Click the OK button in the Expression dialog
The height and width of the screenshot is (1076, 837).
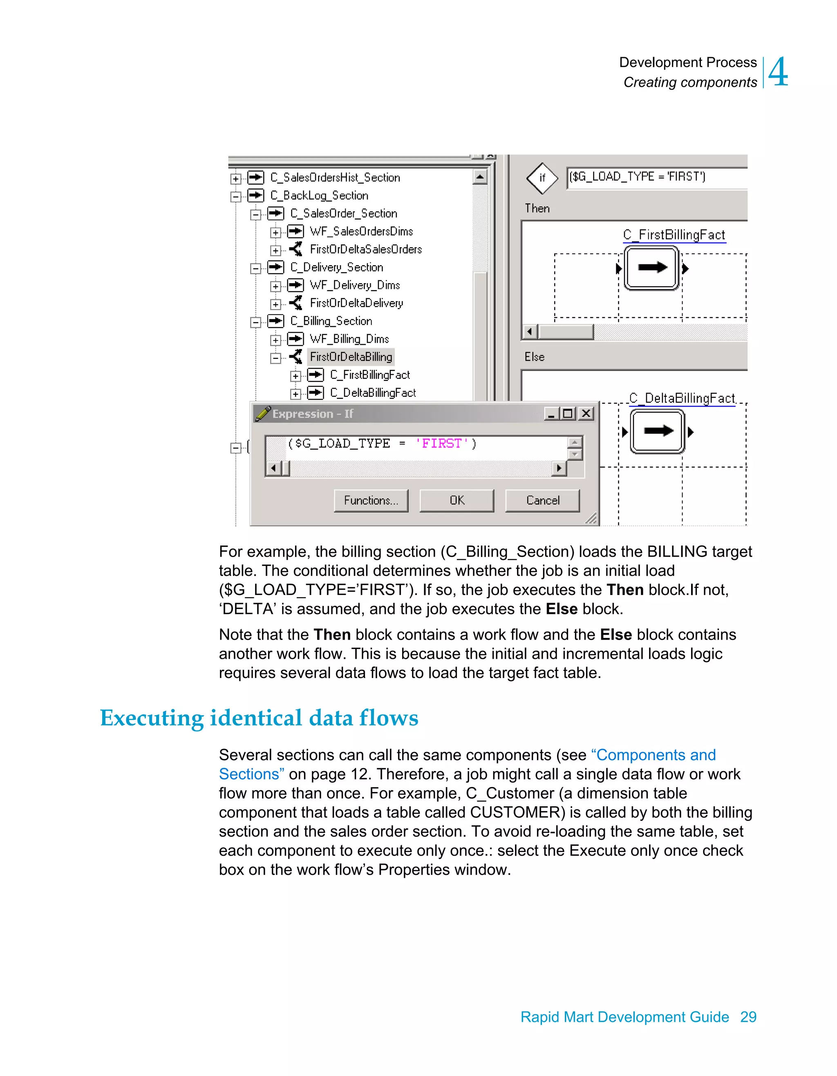tap(456, 500)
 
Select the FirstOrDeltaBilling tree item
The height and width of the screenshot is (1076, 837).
tap(351, 357)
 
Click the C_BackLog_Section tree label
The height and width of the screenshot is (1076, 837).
tap(319, 196)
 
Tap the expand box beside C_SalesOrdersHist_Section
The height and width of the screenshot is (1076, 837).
tap(236, 178)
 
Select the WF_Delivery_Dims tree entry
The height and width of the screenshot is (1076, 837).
tap(354, 285)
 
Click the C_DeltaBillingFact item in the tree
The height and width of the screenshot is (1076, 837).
tap(372, 393)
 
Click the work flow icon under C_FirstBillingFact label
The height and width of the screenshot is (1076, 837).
tap(651, 268)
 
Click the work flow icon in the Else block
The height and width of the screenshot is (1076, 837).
tap(658, 431)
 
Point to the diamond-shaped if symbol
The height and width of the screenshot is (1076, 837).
tap(542, 178)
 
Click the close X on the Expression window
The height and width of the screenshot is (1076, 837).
tap(586, 413)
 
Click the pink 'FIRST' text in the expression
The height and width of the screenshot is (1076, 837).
tap(441, 443)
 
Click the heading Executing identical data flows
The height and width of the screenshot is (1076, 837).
tap(259, 718)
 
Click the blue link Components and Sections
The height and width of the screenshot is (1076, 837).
tap(655, 755)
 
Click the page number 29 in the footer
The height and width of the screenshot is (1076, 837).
tap(748, 1016)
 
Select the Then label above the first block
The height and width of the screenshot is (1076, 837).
tap(537, 208)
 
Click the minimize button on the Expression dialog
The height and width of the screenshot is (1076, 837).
tap(551, 413)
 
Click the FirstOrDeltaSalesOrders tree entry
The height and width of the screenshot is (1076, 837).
tap(365, 249)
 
